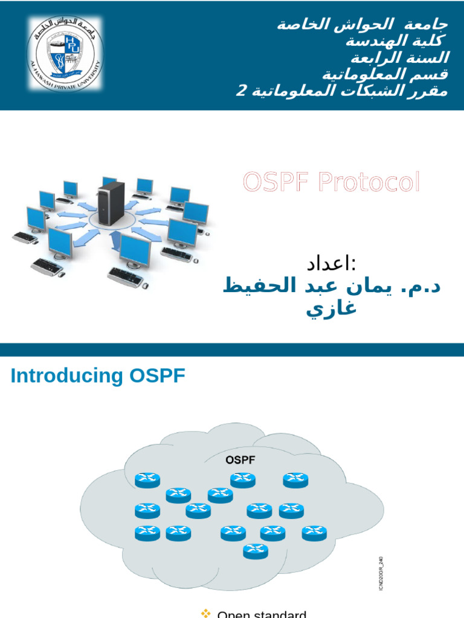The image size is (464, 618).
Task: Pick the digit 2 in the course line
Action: click(240, 92)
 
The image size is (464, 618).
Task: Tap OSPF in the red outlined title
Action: click(272, 182)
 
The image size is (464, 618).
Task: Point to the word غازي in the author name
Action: click(332, 308)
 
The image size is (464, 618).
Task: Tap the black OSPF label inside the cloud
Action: click(240, 460)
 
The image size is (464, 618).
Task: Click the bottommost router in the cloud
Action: click(256, 550)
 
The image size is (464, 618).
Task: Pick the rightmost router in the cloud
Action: click(314, 533)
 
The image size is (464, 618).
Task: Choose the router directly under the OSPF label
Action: click(243, 480)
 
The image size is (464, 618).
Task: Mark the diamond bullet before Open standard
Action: click(205, 613)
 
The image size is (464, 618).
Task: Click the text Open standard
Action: click(262, 614)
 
